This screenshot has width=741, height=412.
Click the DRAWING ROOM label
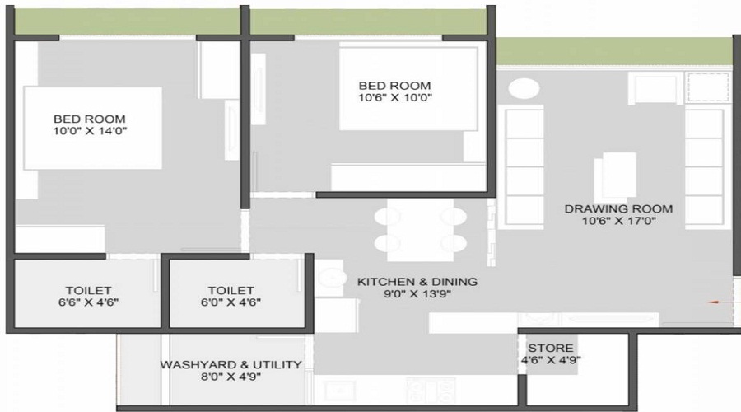pos(618,208)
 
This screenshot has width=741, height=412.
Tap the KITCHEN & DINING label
pos(417,282)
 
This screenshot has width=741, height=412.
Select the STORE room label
pos(551,348)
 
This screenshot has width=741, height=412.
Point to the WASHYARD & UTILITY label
pos(231,364)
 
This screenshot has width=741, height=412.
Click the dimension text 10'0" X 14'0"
pos(90,131)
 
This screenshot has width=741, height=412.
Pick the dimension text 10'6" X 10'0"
pos(394,98)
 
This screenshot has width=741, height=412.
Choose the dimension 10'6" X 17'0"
pos(618,222)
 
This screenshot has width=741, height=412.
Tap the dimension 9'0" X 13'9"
pos(417,294)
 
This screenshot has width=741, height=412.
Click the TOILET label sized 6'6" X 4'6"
pos(89,290)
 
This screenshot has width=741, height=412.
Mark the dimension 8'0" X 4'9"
pos(231,377)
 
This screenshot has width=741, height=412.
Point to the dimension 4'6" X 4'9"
pos(551,360)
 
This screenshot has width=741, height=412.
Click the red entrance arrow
pos(715,302)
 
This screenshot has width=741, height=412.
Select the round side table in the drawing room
pos(524,89)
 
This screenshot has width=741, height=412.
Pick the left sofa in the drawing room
pos(524,167)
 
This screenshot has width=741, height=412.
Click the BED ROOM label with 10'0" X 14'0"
pos(90,119)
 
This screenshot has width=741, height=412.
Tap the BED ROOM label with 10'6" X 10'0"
pos(394,86)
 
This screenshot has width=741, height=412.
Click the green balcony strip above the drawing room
pos(613,51)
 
